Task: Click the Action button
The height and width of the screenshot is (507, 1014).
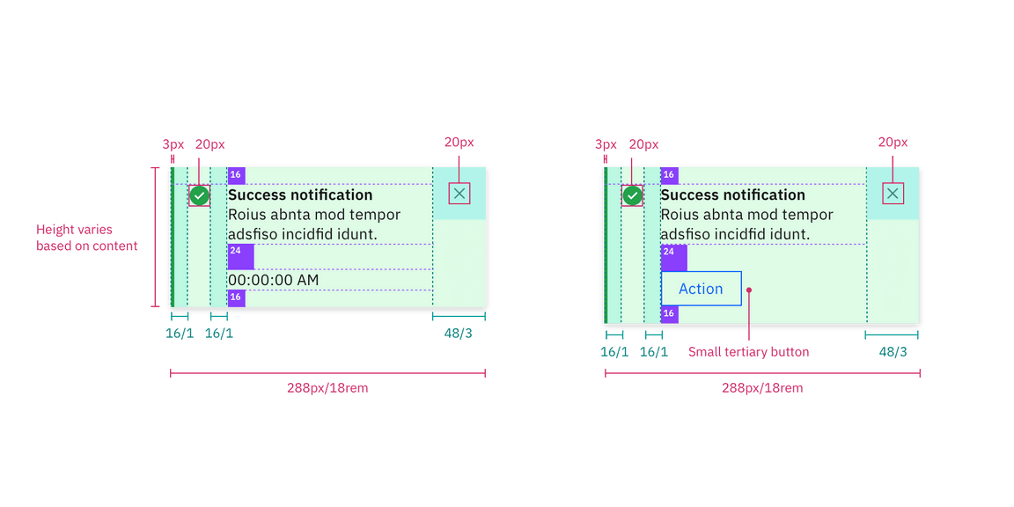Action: (701, 289)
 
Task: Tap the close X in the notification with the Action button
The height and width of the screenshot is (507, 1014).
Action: (893, 194)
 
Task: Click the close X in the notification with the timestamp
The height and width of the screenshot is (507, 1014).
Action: (459, 194)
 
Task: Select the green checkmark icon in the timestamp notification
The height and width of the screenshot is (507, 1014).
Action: (200, 195)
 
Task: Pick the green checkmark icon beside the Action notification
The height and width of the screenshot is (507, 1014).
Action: (632, 195)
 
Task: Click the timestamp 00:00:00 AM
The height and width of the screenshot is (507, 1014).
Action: (273, 280)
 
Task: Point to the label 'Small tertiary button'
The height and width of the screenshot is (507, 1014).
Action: (748, 352)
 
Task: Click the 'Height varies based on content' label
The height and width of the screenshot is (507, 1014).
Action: (86, 239)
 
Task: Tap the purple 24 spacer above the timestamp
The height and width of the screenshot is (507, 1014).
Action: (240, 256)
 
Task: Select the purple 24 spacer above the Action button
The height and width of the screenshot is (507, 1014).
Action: (673, 257)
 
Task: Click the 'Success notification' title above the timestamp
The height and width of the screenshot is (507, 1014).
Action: (300, 195)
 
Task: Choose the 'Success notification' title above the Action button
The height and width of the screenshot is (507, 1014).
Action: (732, 195)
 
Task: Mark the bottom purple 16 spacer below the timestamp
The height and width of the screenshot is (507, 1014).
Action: (236, 298)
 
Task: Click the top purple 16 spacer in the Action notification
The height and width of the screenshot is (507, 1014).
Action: (669, 175)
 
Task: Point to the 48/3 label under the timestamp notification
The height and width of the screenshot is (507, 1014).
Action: (459, 333)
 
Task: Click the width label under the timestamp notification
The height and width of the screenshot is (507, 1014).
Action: (327, 388)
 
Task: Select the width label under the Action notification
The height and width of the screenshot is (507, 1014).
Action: (762, 388)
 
